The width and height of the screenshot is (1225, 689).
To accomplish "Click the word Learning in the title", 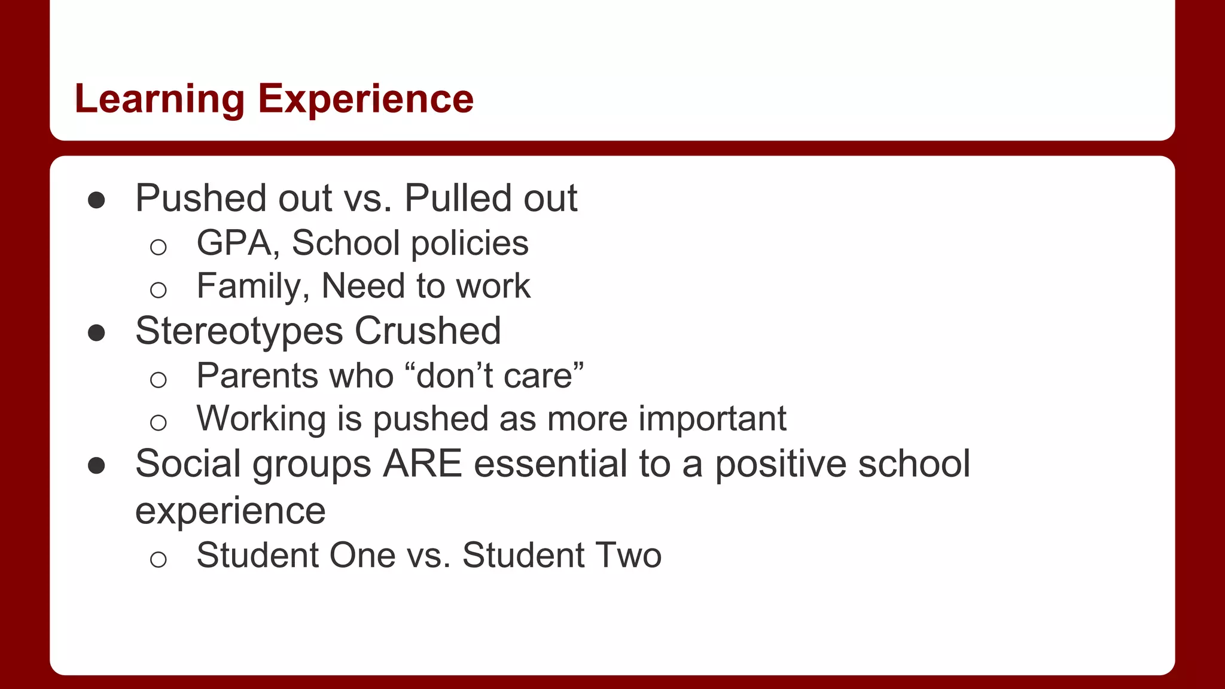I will coord(160,99).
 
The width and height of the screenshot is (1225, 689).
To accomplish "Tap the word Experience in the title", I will coord(365,99).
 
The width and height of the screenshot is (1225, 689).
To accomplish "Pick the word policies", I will coord(470,243).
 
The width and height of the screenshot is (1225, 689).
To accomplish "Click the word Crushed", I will coord(428,331).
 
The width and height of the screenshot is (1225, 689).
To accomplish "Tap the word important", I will coord(712,419).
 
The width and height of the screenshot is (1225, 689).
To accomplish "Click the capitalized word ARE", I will coord(422,464).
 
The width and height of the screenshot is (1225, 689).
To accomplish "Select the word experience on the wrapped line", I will coord(230,511).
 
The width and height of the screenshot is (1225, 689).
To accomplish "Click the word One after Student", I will coord(362,555).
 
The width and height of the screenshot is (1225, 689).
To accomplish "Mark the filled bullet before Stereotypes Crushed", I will coord(96,333).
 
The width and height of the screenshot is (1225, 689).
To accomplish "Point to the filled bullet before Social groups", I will coord(96,466).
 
